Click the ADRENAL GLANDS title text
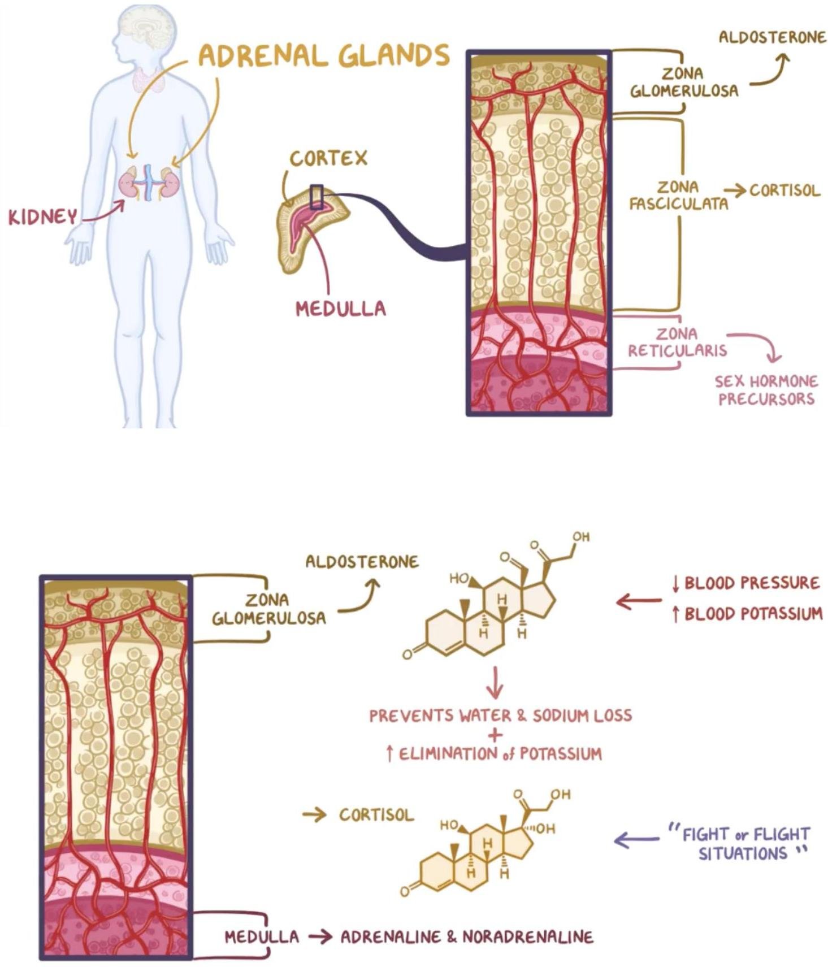tap(324, 56)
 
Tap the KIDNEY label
tap(42, 217)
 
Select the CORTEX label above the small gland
tap(328, 159)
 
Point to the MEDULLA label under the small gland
tap(341, 309)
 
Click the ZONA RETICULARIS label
tap(677, 342)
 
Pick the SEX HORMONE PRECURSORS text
tap(766, 391)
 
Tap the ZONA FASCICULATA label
tap(678, 196)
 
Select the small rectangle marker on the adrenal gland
tap(317, 197)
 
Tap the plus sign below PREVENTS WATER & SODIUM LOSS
tap(495, 735)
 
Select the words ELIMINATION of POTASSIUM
tap(500, 754)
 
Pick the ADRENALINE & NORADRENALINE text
tap(467, 937)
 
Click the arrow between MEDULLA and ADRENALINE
tap(320, 937)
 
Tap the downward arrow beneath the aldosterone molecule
tap(495, 682)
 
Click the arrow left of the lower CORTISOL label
tap(314, 814)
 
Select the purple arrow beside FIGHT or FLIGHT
tap(636, 840)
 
